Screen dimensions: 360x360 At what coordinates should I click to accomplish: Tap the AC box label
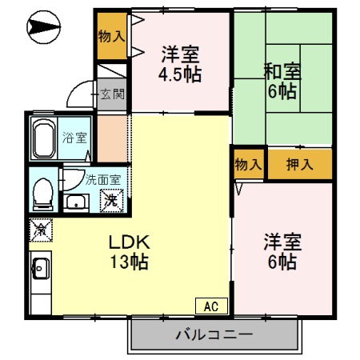(x=211, y=306)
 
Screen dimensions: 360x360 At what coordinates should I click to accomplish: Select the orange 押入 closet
(x=299, y=165)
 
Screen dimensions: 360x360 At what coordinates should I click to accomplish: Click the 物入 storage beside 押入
(x=248, y=165)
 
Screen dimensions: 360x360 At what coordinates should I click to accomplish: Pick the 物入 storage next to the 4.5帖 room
(x=112, y=36)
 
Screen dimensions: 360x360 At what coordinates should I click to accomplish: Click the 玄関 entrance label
(x=113, y=94)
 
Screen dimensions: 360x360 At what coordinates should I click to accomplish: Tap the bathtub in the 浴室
(x=43, y=140)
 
